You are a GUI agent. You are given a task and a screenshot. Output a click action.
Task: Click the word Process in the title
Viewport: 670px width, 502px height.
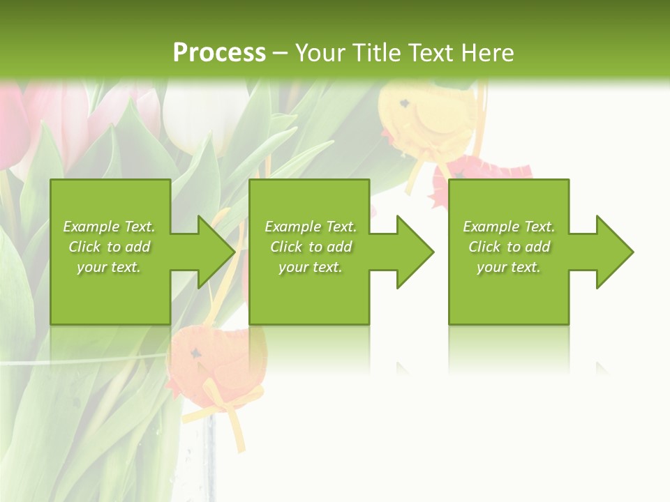coord(219,53)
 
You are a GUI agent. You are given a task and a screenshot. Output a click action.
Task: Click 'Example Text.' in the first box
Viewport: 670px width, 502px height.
coord(109,227)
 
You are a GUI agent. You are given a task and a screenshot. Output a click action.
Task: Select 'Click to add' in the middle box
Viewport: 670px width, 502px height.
coord(311,247)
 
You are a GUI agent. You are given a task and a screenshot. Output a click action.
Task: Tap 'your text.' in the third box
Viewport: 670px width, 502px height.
coord(509,267)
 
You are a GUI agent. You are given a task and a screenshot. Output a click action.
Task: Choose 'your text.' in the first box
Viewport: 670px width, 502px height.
coord(109,267)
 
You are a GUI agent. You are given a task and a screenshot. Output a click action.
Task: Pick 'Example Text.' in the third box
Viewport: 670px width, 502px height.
coord(509,227)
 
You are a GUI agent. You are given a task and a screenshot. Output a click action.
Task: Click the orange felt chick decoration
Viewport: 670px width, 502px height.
coord(209,359)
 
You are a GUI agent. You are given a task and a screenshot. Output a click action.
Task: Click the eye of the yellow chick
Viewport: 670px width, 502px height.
coord(404,103)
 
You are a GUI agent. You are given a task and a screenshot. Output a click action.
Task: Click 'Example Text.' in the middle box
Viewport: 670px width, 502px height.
coord(311,227)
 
